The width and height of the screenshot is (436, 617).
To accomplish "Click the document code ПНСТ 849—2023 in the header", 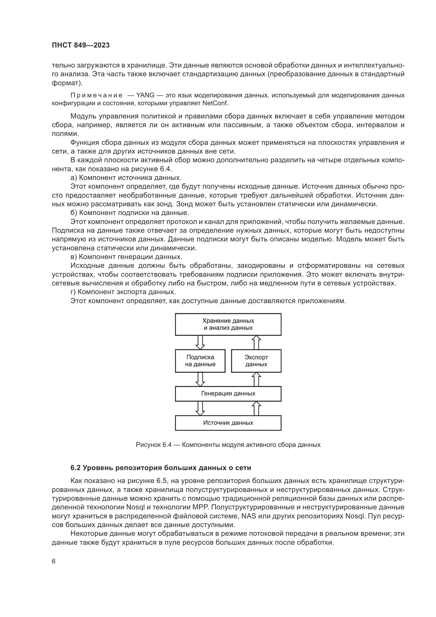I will point(81,45).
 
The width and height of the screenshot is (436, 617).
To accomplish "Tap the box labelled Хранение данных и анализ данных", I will point(228,324).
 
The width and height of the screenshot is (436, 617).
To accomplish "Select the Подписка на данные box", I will point(200,361).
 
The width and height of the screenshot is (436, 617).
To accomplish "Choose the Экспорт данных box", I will point(256,361).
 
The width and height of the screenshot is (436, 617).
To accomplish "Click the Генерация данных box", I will point(228,394).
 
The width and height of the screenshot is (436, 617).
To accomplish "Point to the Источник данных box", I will point(228,423).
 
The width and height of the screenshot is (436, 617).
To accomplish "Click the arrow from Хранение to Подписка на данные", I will point(200,342).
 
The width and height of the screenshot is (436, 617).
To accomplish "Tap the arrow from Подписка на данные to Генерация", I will point(200,379).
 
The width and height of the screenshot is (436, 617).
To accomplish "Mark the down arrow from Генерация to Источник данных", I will point(200,408).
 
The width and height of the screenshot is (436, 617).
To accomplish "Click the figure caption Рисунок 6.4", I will point(228,445).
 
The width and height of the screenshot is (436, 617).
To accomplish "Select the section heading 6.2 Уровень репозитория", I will point(161,468).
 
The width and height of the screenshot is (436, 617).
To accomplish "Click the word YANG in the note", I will point(145,95).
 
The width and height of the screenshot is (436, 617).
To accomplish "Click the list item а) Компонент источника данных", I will point(126,178).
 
